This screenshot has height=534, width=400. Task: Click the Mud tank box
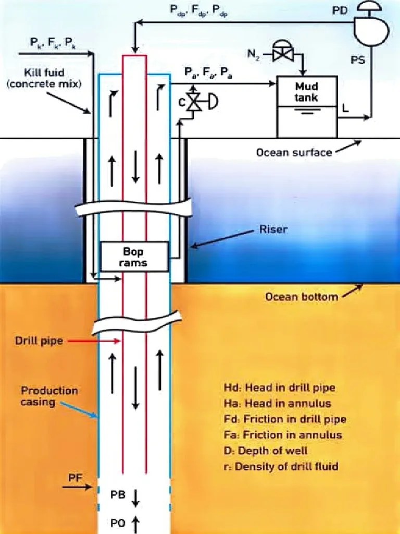(307, 106)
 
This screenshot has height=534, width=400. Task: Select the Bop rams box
(134, 257)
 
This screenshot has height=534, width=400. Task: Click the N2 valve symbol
(284, 53)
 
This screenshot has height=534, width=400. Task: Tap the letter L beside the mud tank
(345, 107)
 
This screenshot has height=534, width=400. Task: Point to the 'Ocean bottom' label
(301, 297)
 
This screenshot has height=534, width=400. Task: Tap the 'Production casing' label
(49, 396)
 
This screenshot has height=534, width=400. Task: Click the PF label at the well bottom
(74, 477)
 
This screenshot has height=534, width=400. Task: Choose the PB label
(118, 495)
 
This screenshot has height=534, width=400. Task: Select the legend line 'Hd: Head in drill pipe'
(279, 387)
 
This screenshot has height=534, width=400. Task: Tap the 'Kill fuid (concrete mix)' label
(44, 78)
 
